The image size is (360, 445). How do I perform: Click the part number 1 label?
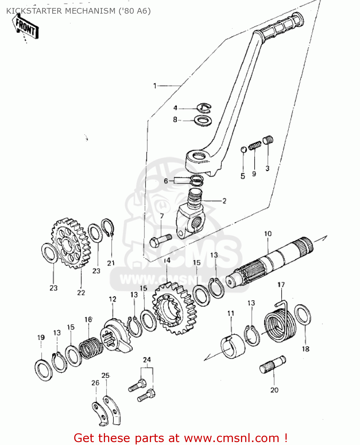(155, 86)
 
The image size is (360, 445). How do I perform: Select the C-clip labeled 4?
(204, 108)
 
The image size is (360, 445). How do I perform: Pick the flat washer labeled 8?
(203, 120)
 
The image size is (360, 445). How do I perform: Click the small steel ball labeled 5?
(243, 149)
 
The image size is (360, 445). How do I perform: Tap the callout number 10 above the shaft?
(268, 234)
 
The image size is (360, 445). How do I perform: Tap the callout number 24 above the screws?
(147, 360)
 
